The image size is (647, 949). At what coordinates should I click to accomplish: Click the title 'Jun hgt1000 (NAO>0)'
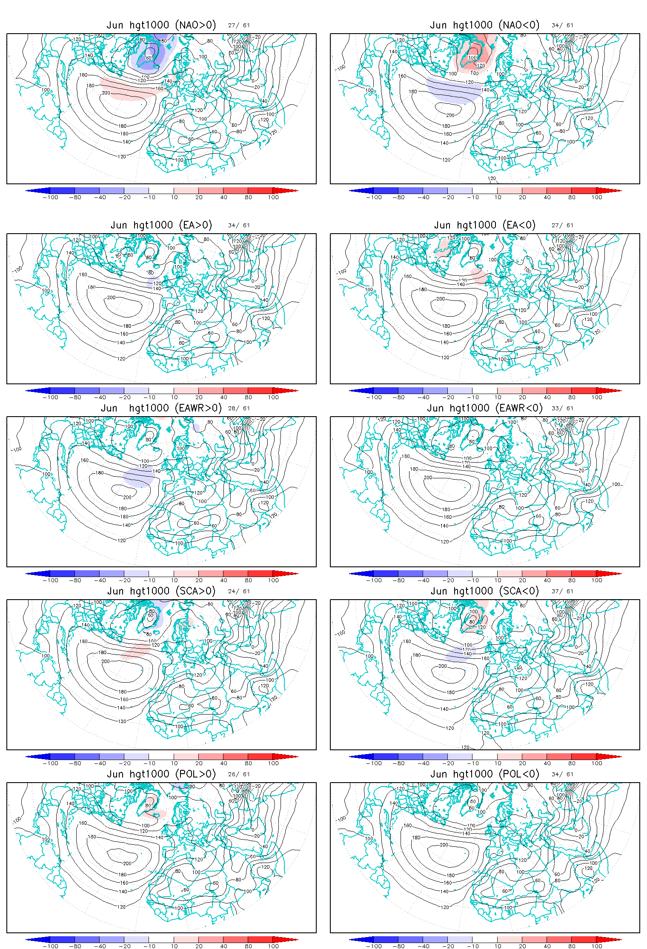click(161, 25)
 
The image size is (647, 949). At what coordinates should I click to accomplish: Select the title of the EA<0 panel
click(485, 225)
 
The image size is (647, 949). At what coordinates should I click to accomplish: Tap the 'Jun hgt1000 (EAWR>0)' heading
click(161, 408)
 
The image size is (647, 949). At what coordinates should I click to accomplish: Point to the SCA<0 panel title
click(485, 591)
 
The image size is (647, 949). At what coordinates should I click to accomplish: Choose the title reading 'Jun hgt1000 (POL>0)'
click(161, 774)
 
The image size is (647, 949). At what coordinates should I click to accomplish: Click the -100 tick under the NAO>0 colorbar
click(50, 197)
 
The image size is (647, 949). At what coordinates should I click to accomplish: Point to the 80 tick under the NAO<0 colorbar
click(572, 197)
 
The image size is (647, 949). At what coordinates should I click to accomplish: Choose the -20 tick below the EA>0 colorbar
click(124, 397)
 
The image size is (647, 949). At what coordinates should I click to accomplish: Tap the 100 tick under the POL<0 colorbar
click(597, 946)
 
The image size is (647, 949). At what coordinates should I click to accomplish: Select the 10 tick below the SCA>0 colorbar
click(175, 763)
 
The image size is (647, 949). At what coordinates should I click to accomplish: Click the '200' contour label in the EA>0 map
click(111, 297)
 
